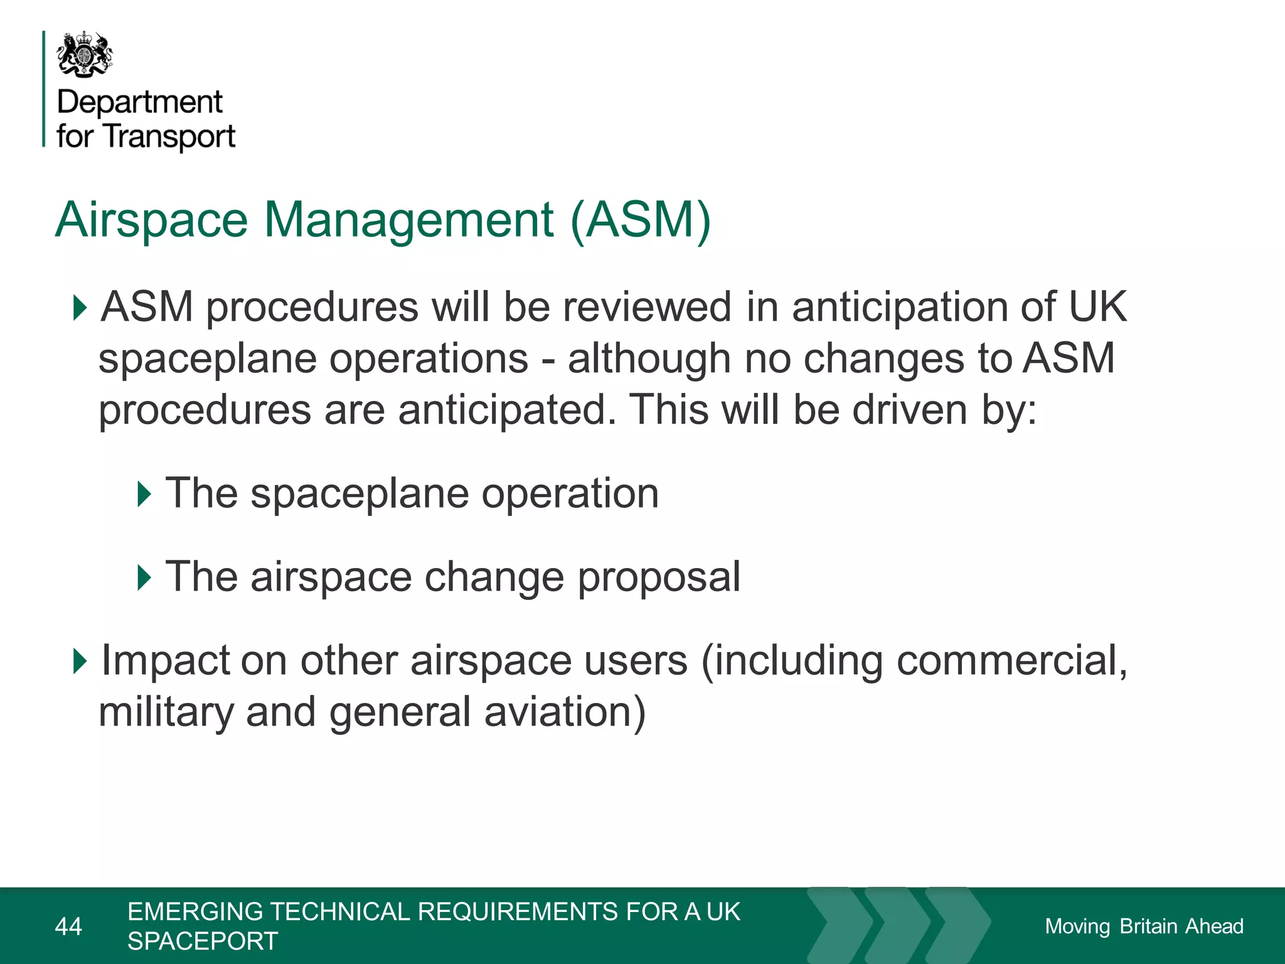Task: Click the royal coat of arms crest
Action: coord(85,55)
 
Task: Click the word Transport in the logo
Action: coord(169,136)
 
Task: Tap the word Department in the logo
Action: coord(139,102)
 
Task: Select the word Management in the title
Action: coord(408,220)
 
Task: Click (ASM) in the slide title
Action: coord(641,220)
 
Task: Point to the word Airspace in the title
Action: coord(151,220)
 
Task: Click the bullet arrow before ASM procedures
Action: coord(80,308)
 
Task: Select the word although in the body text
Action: coord(649,359)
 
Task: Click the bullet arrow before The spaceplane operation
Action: coord(144,494)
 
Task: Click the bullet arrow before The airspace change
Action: coord(144,577)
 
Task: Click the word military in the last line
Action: coord(166,712)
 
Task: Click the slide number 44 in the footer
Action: coord(68,926)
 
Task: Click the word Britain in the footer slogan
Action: coord(1148,926)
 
